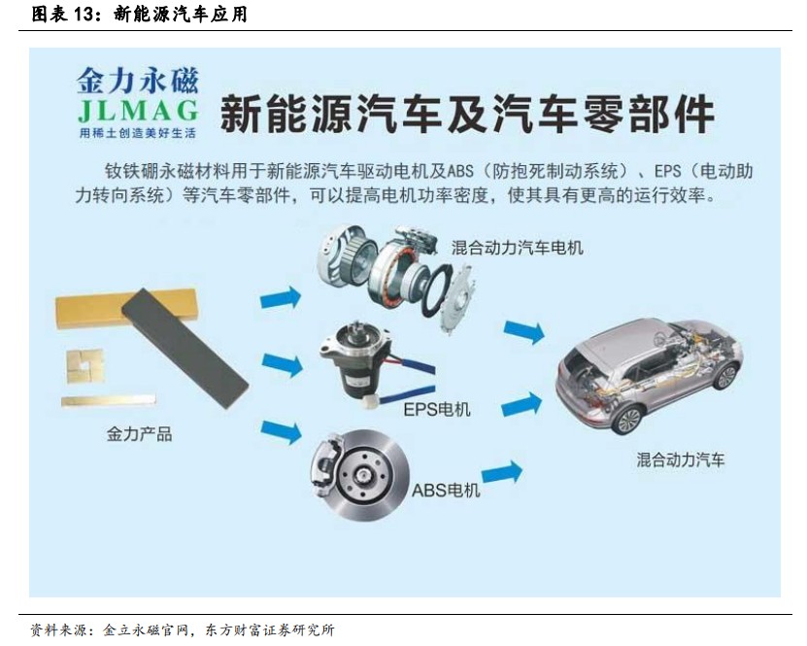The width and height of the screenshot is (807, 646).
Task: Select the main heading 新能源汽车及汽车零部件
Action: [467, 115]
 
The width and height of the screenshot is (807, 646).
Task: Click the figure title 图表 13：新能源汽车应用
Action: [140, 14]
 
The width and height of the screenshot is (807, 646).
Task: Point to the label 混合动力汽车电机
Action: [518, 248]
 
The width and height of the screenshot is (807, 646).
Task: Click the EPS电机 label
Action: [437, 409]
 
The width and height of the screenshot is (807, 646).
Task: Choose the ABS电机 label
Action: [446, 490]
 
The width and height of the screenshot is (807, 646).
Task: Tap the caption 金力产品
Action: [139, 433]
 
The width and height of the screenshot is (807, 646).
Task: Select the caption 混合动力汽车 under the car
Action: [681, 459]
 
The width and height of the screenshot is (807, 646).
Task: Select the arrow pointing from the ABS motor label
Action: [501, 474]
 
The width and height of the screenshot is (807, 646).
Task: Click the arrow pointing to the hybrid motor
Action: [281, 298]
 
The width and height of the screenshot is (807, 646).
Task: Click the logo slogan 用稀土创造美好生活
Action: [137, 131]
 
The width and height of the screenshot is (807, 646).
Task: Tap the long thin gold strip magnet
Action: [108, 400]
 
